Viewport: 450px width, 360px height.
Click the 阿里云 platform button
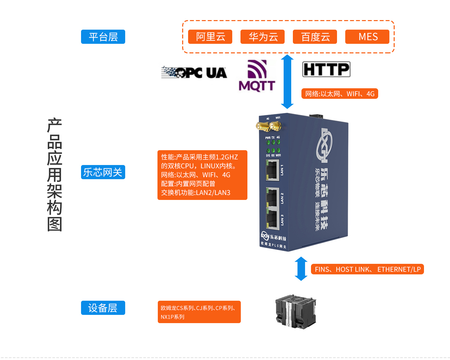(210, 37)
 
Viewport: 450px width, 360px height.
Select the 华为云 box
(263, 37)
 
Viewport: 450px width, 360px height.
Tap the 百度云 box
(315, 37)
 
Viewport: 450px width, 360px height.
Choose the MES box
(367, 37)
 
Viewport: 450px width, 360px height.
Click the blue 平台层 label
(103, 37)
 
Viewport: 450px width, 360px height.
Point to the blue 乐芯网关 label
(103, 172)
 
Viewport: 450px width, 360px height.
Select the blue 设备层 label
(103, 308)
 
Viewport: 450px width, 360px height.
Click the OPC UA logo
(194, 72)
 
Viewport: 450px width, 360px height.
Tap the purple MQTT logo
(257, 76)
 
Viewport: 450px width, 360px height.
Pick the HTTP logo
(326, 69)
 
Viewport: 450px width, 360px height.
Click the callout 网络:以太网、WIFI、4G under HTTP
(340, 94)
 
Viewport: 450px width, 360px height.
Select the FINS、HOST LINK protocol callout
(367, 269)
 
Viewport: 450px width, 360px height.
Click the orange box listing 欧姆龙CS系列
(199, 312)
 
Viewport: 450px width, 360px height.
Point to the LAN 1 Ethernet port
(272, 170)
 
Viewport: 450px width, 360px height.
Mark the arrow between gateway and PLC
(301, 268)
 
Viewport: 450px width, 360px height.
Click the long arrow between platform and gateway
(287, 81)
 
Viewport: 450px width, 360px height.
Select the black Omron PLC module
(295, 312)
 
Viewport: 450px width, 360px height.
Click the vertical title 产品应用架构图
(55, 175)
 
